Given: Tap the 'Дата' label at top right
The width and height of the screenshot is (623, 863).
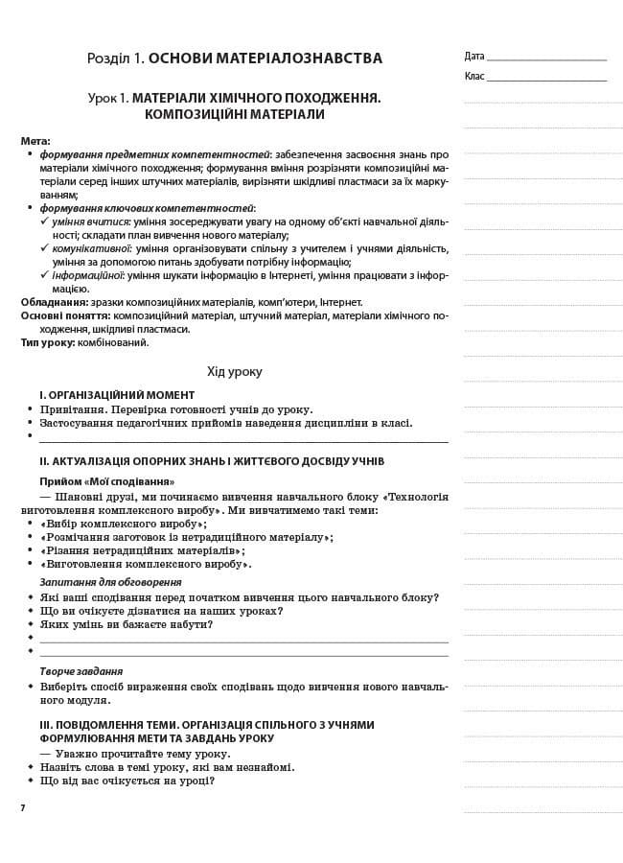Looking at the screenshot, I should pyautogui.click(x=474, y=56).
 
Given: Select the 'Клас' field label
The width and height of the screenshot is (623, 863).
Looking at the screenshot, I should pyautogui.click(x=474, y=76).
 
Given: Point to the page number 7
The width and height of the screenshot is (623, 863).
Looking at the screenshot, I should pyautogui.click(x=23, y=808).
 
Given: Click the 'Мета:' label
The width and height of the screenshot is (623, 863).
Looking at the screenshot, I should pyautogui.click(x=35, y=141).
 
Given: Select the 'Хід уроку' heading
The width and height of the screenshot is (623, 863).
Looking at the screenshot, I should pyautogui.click(x=234, y=371).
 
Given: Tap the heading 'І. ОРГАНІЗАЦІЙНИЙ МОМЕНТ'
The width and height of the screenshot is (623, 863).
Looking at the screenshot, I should pyautogui.click(x=117, y=395).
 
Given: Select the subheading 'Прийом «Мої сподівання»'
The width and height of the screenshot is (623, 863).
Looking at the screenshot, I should pyautogui.click(x=106, y=481).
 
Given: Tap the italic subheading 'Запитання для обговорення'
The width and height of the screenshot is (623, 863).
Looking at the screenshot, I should pyautogui.click(x=110, y=582).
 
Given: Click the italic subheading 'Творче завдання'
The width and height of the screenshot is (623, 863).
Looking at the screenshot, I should pyautogui.click(x=81, y=671).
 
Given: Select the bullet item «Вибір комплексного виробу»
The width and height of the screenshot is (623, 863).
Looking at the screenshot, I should pyautogui.click(x=124, y=525).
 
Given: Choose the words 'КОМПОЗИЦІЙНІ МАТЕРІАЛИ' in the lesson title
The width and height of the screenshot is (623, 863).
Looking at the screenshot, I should pyautogui.click(x=234, y=114).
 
